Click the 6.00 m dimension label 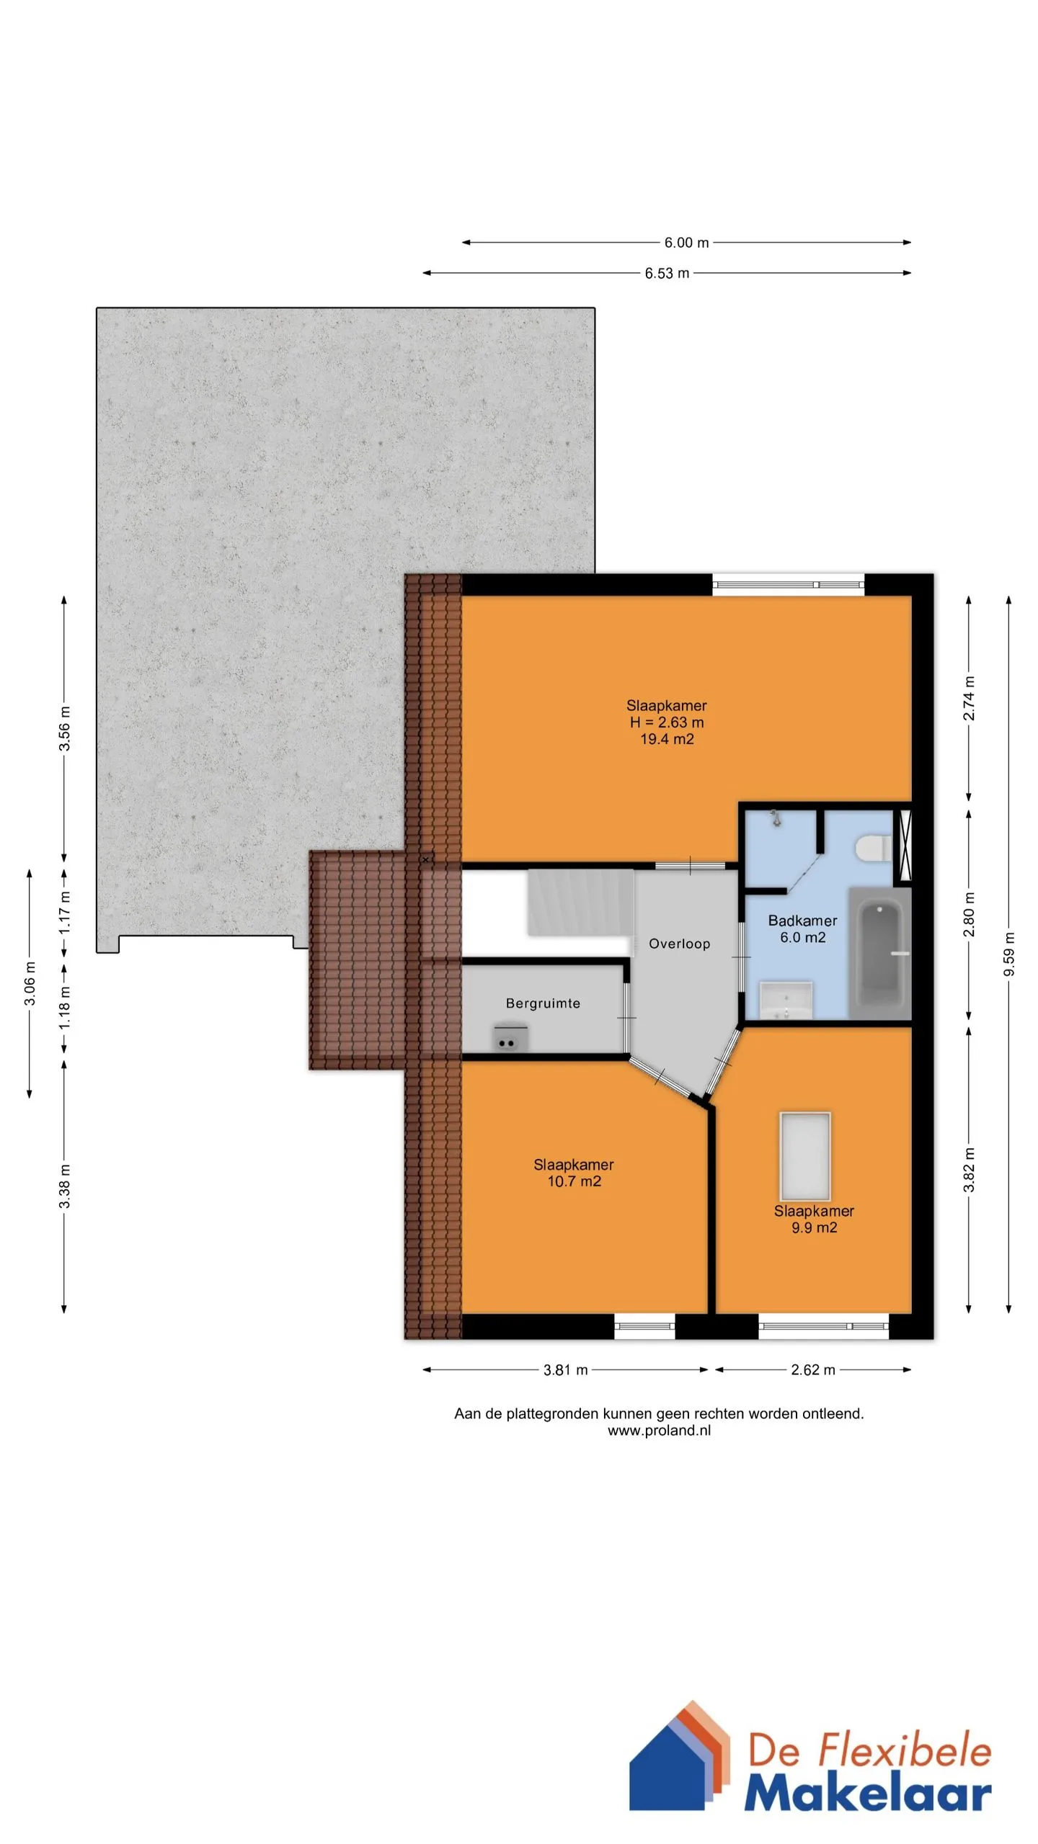(686, 243)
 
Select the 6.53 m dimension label (667, 273)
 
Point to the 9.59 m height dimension (1009, 954)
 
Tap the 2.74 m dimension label (970, 698)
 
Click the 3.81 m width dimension (565, 1370)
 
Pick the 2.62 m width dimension (813, 1370)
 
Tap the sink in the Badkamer (786, 1000)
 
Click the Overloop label (679, 944)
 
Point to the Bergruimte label (543, 1003)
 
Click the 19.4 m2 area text (667, 739)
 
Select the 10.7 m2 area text (574, 1181)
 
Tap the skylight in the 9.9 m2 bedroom (805, 1157)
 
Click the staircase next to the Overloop (581, 903)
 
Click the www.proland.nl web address (659, 1431)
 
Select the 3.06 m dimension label (30, 984)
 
